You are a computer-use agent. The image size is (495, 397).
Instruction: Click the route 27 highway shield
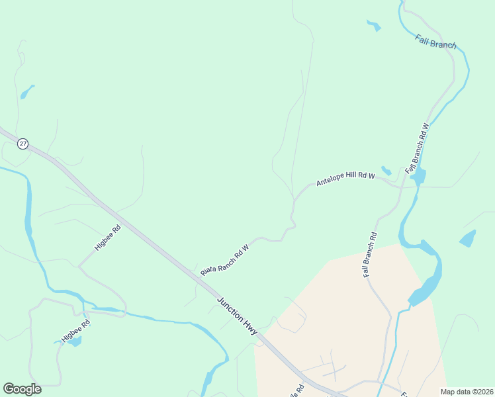coord(23,144)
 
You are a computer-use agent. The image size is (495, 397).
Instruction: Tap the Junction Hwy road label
coord(236,315)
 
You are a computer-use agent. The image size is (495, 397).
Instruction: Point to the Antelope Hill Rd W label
coord(345,179)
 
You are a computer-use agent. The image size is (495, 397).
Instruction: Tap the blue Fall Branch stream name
coord(436,41)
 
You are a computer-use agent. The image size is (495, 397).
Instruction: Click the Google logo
coord(22,389)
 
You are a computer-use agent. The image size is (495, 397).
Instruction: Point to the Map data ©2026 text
coord(467,392)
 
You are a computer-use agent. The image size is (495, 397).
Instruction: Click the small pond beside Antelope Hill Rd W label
coord(386,171)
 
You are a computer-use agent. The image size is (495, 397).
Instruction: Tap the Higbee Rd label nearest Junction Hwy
coord(107,238)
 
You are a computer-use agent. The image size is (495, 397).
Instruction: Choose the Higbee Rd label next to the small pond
coord(75,331)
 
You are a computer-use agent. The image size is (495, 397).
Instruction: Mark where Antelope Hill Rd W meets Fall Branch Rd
coord(400,187)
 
